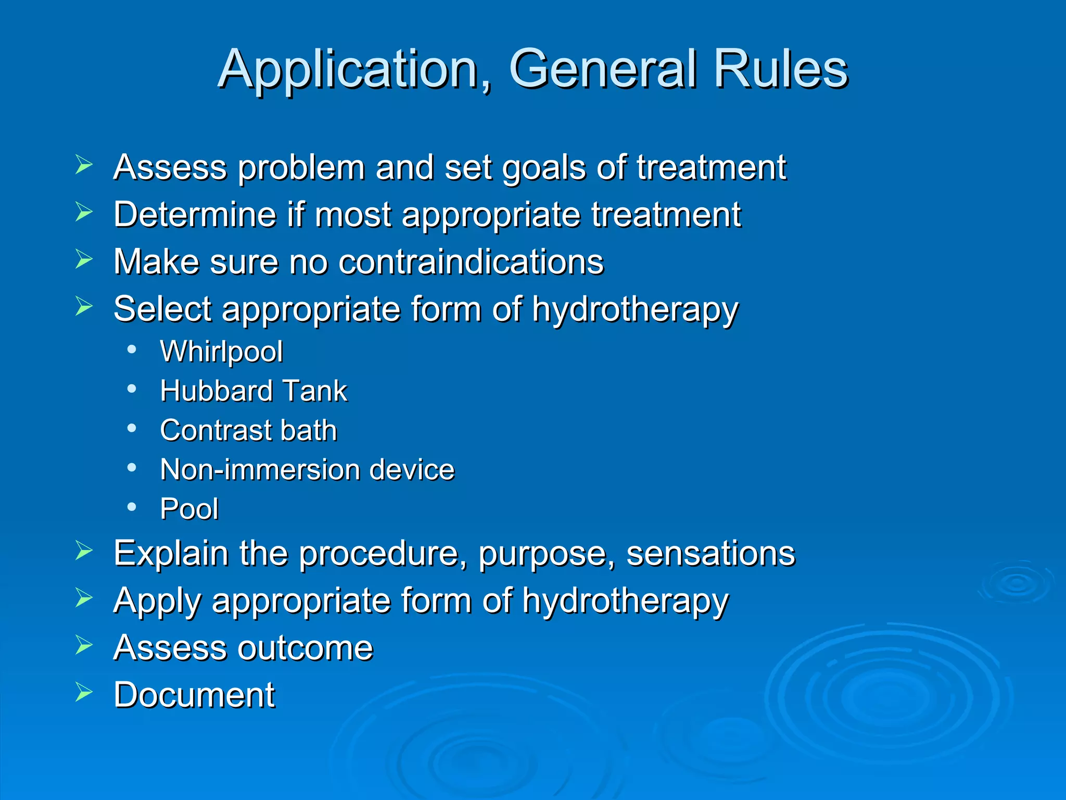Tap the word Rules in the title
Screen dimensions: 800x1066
click(780, 69)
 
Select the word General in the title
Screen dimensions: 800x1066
click(603, 69)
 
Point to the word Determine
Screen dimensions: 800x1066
click(195, 215)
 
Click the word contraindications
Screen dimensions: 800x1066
click(471, 261)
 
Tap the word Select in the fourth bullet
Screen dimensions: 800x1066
click(162, 309)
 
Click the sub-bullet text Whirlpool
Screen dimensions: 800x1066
click(221, 352)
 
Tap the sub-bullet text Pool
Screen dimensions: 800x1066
click(189, 509)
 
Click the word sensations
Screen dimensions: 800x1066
click(710, 553)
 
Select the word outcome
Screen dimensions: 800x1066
click(305, 648)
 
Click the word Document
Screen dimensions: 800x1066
click(194, 695)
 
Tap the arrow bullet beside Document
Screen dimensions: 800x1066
click(83, 692)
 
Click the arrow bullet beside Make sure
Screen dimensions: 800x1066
click(83, 259)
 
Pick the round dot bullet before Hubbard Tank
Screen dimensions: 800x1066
click(132, 389)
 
